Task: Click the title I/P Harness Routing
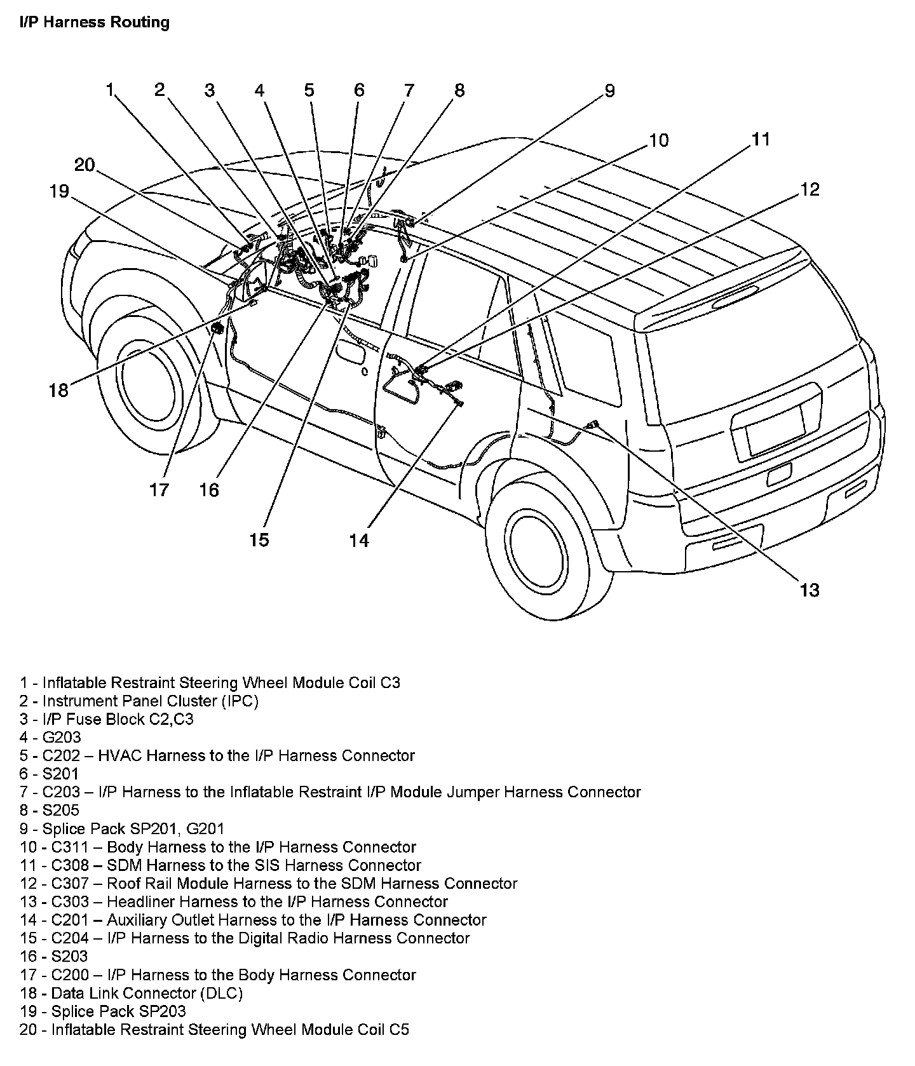(x=94, y=23)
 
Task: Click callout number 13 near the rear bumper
(x=809, y=590)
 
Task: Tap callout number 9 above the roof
(x=609, y=91)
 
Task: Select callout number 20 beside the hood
(x=85, y=165)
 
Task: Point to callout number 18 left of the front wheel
(x=58, y=390)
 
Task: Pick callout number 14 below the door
(x=359, y=540)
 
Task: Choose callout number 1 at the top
(x=110, y=90)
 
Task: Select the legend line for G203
(x=50, y=738)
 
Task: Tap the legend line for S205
(x=50, y=810)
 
